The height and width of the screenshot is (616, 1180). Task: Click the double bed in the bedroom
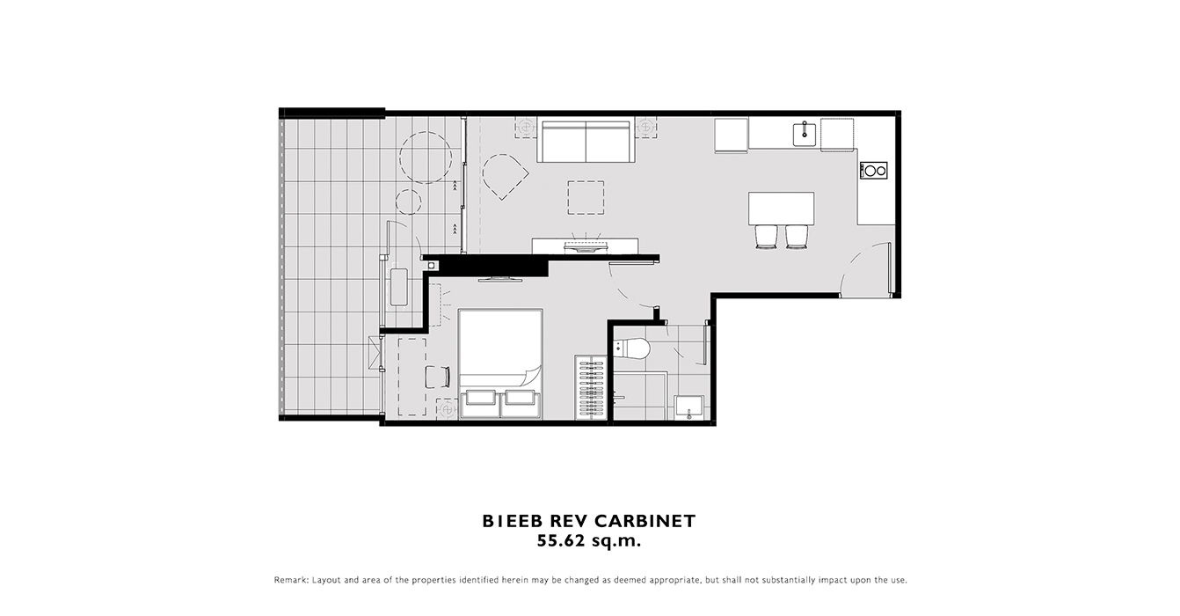click(500, 364)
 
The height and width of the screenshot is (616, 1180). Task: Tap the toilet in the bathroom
click(633, 349)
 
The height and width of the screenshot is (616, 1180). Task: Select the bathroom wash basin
click(689, 407)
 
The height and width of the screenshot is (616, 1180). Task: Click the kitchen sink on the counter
click(805, 134)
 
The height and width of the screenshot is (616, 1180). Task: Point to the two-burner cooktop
click(873, 171)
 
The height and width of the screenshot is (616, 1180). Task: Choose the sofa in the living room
click(586, 142)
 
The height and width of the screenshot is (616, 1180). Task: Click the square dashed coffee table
click(586, 197)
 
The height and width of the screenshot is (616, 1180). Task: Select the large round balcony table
click(425, 158)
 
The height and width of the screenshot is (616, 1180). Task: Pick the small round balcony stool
click(408, 202)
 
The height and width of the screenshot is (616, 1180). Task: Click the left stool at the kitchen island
click(766, 236)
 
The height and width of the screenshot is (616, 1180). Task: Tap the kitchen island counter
click(781, 208)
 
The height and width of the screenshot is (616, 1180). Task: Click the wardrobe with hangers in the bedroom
click(591, 387)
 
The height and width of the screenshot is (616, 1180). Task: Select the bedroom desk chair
click(437, 377)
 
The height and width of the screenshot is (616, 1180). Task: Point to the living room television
click(586, 246)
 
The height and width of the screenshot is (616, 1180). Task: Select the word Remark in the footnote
click(291, 580)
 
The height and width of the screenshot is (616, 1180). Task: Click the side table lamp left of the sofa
click(525, 127)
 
